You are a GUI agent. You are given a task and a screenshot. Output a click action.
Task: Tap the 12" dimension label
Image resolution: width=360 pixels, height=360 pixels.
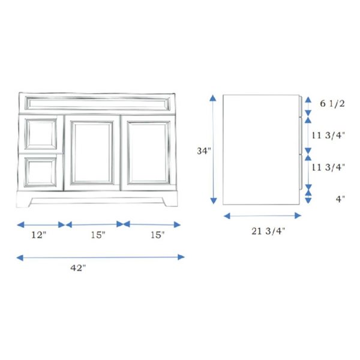[x=40, y=235]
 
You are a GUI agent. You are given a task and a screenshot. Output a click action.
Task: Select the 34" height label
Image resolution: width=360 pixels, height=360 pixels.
[x=205, y=151]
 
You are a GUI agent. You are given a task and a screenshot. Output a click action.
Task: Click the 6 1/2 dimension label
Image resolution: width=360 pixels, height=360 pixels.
[x=332, y=104]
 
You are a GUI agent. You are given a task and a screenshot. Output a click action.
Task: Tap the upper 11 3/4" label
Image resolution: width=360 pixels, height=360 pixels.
[x=328, y=135]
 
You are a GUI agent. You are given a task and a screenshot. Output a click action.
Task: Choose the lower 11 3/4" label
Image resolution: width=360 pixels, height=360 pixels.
[x=328, y=167]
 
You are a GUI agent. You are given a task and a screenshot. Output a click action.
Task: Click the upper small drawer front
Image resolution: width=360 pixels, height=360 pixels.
[x=41, y=134]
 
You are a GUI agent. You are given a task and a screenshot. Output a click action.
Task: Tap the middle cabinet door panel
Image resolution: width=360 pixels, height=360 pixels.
[x=92, y=153]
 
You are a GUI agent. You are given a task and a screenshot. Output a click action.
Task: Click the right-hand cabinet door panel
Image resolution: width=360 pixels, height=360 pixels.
[x=148, y=153]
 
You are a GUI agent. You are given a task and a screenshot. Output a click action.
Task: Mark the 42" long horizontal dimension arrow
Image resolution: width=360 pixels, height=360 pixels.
[x=100, y=257]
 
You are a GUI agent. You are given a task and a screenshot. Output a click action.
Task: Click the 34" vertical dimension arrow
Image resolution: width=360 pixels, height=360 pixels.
[x=213, y=150]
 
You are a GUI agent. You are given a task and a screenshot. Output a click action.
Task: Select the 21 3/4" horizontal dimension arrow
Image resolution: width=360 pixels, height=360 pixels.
[x=262, y=215]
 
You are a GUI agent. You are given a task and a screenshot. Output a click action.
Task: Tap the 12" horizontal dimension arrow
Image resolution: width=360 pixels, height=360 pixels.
[x=41, y=224]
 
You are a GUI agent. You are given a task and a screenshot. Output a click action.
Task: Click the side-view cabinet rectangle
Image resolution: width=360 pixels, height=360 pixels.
[x=261, y=150]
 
